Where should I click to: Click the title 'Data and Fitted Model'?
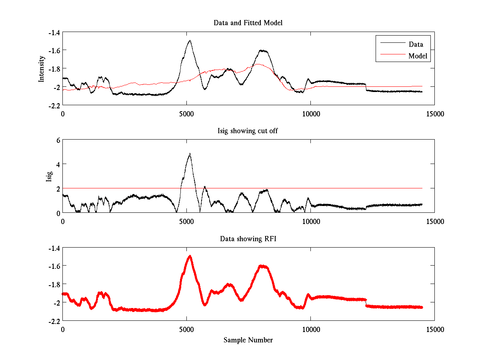[248, 23]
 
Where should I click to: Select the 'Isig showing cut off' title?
[248, 131]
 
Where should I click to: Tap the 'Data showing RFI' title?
[248, 239]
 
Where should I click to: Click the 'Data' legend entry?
[416, 44]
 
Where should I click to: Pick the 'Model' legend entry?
[418, 56]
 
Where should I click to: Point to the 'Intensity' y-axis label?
[41, 69]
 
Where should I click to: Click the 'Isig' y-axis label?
[49, 176]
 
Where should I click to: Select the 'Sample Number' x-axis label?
[248, 340]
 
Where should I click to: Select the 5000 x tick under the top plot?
[186, 114]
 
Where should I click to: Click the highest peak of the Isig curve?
[190, 154]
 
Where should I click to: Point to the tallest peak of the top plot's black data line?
[190, 40]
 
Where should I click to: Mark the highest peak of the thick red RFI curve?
[190, 256]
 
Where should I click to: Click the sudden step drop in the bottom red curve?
[366, 303]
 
